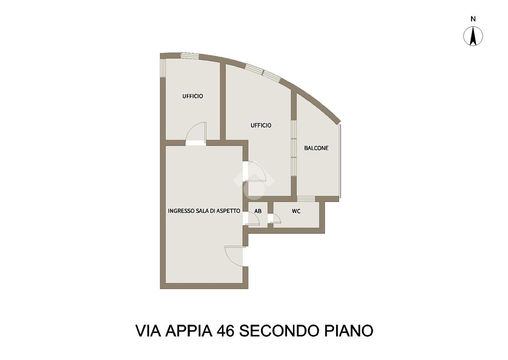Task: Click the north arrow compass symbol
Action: pos(473,36)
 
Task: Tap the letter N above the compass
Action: pos(473,19)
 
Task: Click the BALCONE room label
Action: pos(316,148)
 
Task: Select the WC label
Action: pos(296,211)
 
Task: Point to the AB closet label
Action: pos(258,211)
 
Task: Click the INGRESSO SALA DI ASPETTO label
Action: pos(204,210)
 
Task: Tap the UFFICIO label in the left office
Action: pos(193,96)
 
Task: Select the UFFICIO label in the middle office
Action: pos(261,125)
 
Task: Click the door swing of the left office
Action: pos(196,132)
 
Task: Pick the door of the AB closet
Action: pos(253,219)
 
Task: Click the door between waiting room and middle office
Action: pos(255,171)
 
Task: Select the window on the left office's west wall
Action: pos(162,68)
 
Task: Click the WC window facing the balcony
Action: pos(306,199)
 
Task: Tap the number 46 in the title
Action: pos(226,330)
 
